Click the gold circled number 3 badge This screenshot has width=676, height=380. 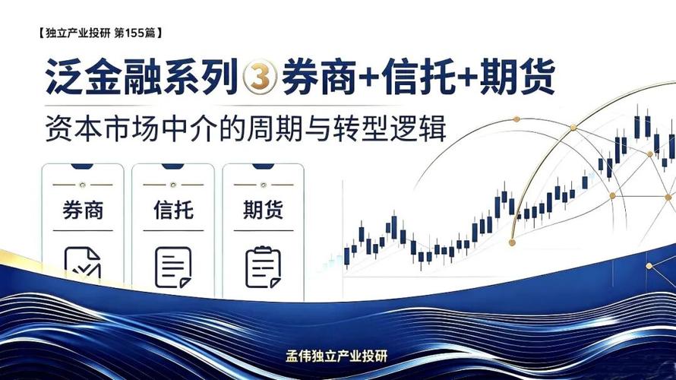coord(260,78)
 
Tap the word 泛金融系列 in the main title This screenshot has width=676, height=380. coord(142,78)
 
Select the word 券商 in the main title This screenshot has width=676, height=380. coord(319,78)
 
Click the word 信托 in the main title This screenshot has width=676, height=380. coord(419,78)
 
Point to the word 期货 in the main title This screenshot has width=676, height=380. coord(517,78)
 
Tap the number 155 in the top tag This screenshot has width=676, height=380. coord(134,33)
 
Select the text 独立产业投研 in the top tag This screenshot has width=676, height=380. coord(78,33)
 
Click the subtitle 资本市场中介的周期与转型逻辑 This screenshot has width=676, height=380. coord(246,128)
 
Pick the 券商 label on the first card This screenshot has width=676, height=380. coord(83,210)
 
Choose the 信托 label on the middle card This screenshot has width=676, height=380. coord(173,210)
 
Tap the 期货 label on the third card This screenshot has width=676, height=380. coord(264,210)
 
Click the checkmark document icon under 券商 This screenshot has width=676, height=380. coord(82,263)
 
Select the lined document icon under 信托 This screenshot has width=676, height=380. coord(173,267)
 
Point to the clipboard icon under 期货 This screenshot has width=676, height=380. coord(263,267)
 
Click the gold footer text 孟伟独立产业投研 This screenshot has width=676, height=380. coord(336,356)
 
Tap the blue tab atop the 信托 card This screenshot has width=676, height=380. coord(173,166)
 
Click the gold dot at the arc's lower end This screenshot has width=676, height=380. coord(512,243)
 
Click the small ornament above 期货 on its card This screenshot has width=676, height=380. coord(264,185)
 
